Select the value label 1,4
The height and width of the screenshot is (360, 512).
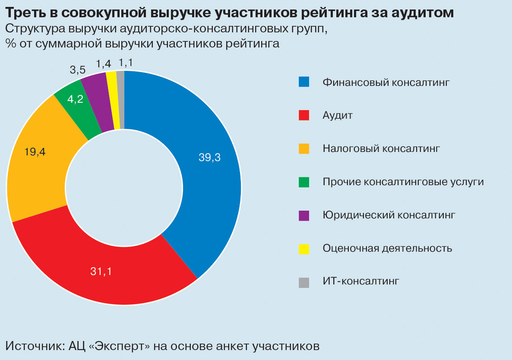(x=104, y=64)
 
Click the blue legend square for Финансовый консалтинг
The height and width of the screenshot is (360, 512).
(x=304, y=82)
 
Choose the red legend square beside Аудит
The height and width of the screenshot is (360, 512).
(x=304, y=115)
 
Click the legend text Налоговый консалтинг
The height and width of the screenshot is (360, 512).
(x=381, y=148)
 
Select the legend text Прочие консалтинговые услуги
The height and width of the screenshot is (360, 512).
(x=403, y=182)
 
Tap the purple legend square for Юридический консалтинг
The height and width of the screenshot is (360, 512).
(x=304, y=215)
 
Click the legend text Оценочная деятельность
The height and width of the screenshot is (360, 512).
(x=387, y=248)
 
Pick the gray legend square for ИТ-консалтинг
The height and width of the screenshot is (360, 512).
(x=304, y=281)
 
